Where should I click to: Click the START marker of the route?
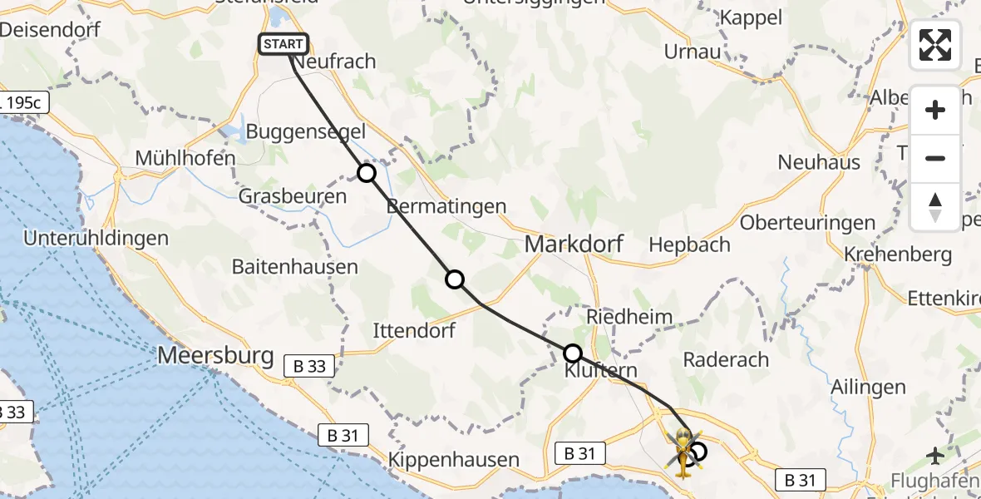click(284, 44)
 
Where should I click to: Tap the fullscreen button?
click(935, 45)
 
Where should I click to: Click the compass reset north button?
click(935, 207)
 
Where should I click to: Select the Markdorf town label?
click(574, 245)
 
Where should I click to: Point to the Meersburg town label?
click(215, 356)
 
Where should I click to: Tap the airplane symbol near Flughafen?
click(936, 455)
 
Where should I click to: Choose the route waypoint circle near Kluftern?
click(573, 353)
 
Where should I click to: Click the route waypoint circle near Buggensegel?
click(367, 173)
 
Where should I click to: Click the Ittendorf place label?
click(414, 330)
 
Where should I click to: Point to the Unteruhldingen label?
click(96, 239)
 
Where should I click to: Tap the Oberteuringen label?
click(807, 223)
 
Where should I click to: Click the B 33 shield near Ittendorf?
click(309, 365)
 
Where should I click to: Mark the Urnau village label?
click(692, 52)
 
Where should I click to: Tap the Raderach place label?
click(726, 359)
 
